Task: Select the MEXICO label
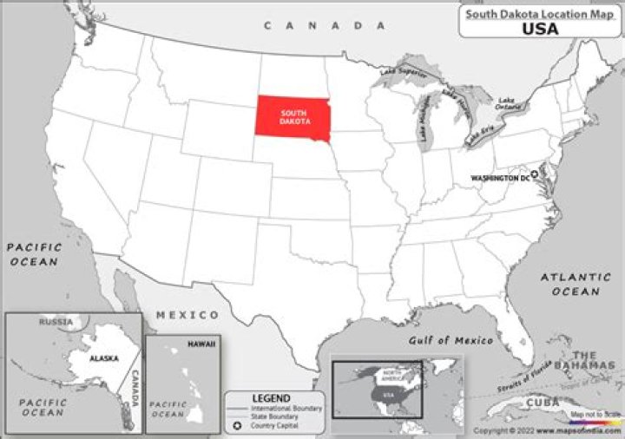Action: [x=187, y=314]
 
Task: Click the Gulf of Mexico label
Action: [x=451, y=340]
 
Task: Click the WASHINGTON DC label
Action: [x=500, y=178]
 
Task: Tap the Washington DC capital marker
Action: [x=536, y=174]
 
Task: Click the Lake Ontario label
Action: [x=505, y=102]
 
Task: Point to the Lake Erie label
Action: [x=479, y=134]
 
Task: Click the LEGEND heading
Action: [x=270, y=398]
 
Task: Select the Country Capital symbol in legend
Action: [x=235, y=426]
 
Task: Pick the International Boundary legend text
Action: [x=286, y=408]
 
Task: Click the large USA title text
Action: [x=540, y=28]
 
